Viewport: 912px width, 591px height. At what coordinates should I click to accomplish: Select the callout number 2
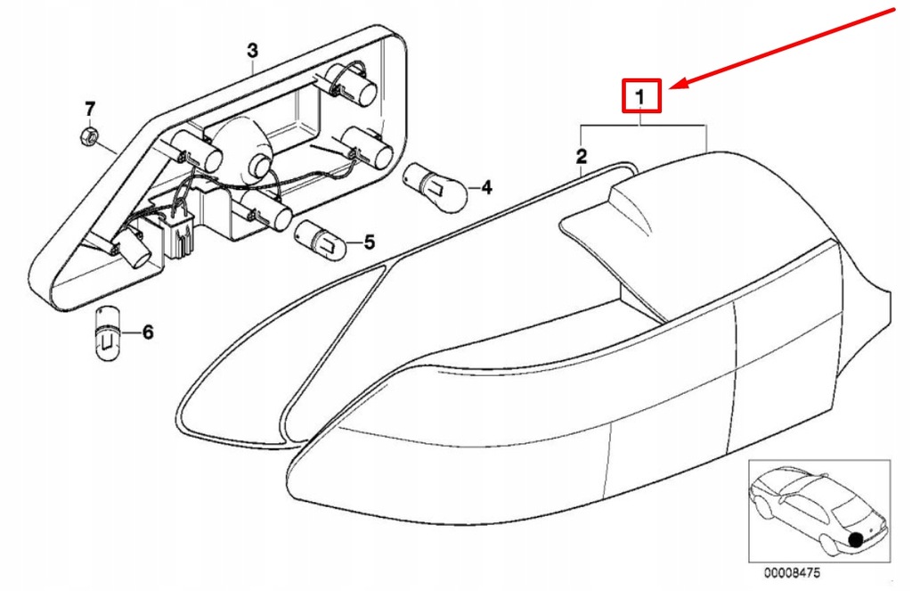pyautogui.click(x=581, y=158)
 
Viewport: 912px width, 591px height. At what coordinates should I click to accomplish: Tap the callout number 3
pyautogui.click(x=252, y=51)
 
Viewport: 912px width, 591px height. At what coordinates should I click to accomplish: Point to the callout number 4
pyautogui.click(x=485, y=187)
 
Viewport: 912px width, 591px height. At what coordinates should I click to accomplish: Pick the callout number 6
pyautogui.click(x=147, y=332)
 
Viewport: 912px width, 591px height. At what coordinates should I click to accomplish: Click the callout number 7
pyautogui.click(x=89, y=110)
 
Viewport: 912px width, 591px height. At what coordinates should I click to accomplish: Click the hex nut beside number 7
pyautogui.click(x=88, y=136)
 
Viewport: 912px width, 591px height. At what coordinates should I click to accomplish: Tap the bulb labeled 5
pyautogui.click(x=321, y=238)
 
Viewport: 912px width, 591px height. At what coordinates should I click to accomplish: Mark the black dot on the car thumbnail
pyautogui.click(x=858, y=538)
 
